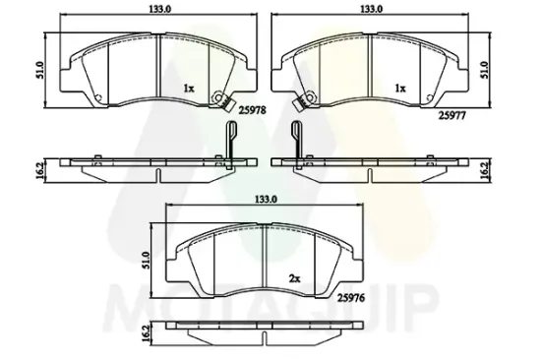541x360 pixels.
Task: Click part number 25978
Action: tap(252, 110)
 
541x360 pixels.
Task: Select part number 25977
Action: tap(452, 116)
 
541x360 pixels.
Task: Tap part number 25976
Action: tap(351, 298)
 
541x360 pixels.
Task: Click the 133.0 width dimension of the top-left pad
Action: tap(159, 9)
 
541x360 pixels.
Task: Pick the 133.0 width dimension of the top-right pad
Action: tap(371, 9)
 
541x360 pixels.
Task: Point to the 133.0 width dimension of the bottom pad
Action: tap(266, 199)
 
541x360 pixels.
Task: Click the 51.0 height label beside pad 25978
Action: tap(39, 70)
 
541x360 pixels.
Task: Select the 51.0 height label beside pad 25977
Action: tap(485, 70)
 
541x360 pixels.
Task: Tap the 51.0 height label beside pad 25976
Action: tap(146, 261)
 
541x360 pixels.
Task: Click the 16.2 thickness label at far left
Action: tap(39, 170)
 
